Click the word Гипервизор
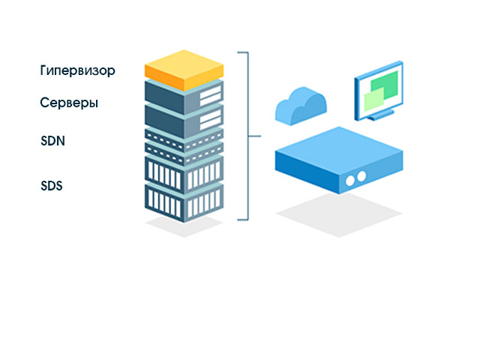click(77, 71)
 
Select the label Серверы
click(69, 103)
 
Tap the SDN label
click(52, 140)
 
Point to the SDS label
click(52, 185)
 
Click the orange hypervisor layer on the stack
click(184, 66)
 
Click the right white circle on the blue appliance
click(361, 175)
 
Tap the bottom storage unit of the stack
click(184, 201)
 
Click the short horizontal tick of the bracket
click(253, 136)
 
